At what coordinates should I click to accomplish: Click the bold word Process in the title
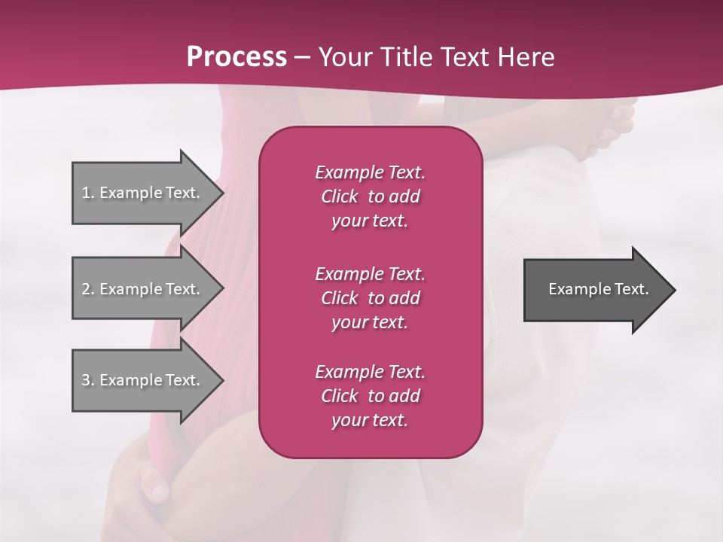tap(236, 57)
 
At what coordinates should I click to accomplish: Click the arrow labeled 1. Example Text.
tap(143, 193)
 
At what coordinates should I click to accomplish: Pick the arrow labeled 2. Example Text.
tap(143, 289)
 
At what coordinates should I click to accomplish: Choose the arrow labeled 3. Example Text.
tap(143, 380)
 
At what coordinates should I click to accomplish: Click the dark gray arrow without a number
tap(595, 290)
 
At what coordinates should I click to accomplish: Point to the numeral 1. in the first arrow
tap(88, 193)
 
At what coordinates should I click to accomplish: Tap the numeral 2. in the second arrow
tap(88, 289)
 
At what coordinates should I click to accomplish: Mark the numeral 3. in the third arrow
tap(88, 380)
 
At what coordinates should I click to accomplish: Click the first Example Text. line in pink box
tap(370, 172)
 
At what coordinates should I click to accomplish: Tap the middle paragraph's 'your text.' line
tap(370, 322)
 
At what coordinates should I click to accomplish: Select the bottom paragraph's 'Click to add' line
tap(370, 396)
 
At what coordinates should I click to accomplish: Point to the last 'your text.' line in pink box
tap(370, 421)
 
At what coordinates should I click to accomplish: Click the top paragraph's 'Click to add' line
tap(370, 196)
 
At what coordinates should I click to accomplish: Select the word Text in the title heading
tap(467, 57)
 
